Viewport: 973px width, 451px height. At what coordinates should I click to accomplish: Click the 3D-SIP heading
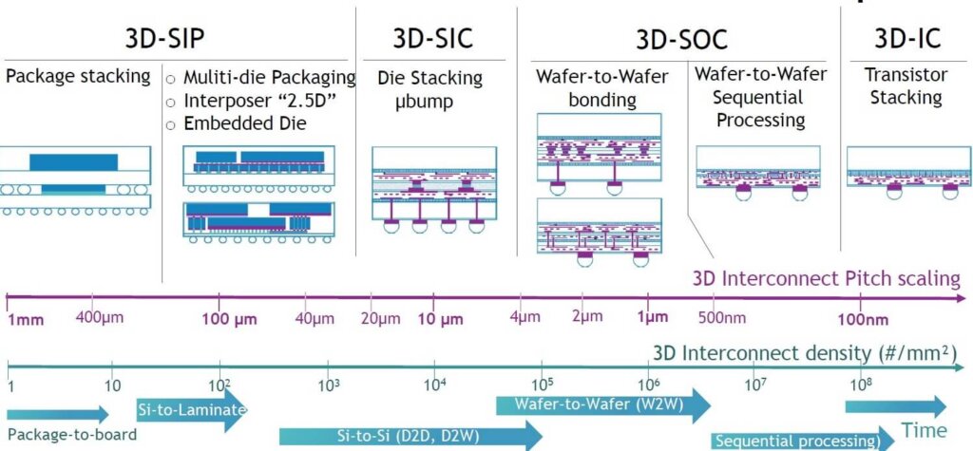coord(165,38)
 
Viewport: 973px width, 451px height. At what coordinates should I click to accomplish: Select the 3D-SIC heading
coord(432,38)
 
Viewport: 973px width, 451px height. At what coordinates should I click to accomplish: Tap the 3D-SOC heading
coord(681,38)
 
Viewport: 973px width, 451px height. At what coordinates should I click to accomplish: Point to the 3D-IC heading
coord(907,38)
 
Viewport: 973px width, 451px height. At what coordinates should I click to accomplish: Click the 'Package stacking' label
coord(78,76)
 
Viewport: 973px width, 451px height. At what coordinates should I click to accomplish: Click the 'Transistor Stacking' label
coord(906,85)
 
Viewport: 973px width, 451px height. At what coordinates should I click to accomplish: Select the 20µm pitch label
coord(380,317)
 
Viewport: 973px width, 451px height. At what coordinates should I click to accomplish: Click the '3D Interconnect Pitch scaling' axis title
coord(826,279)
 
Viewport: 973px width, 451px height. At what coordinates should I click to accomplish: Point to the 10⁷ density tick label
coord(756,385)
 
